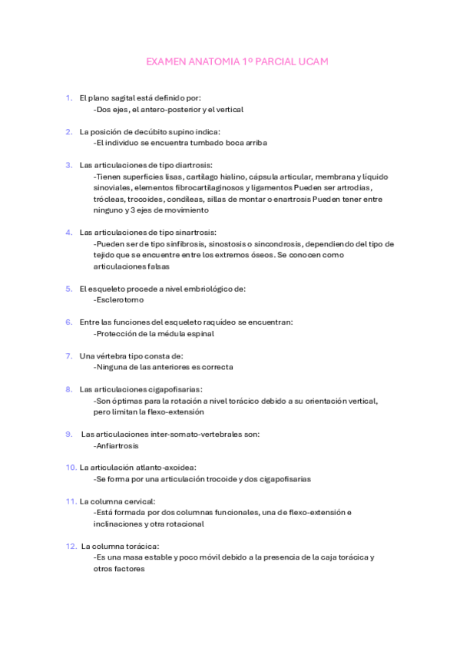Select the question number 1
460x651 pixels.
pyautogui.click(x=68, y=98)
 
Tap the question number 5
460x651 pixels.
pyautogui.click(x=68, y=289)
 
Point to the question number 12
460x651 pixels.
pyautogui.click(x=71, y=546)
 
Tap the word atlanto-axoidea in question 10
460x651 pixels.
pyautogui.click(x=167, y=467)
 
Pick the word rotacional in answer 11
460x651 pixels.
pyautogui.click(x=184, y=524)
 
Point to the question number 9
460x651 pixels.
pyautogui.click(x=69, y=434)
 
